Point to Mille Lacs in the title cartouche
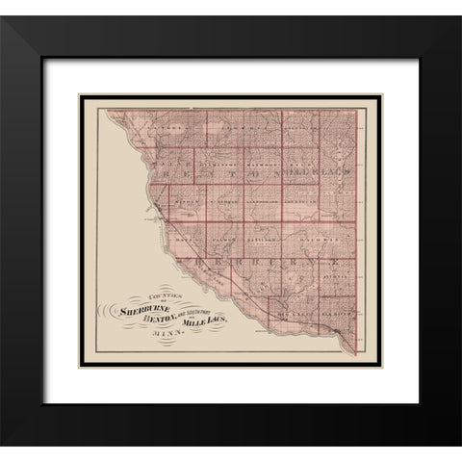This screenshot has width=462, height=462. [203, 320]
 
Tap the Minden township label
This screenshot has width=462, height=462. [188, 200]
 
